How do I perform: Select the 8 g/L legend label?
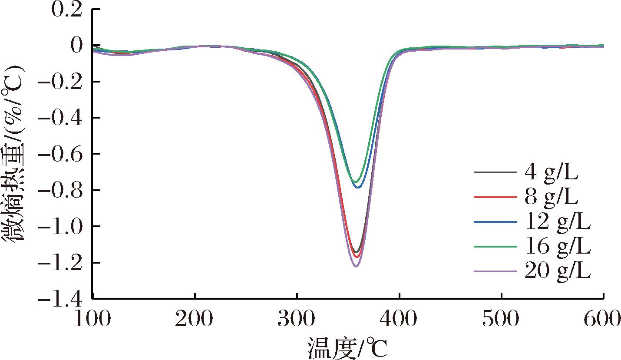click(552, 198)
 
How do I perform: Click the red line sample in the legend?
click(495, 198)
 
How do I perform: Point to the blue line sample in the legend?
click(495, 222)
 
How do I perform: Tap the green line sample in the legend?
click(495, 246)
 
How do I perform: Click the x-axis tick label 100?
click(93, 320)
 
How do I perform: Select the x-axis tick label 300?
click(297, 320)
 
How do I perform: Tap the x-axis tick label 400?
click(399, 320)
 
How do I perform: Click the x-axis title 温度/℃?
click(347, 347)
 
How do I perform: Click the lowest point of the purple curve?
click(356, 266)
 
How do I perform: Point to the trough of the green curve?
click(355, 182)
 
